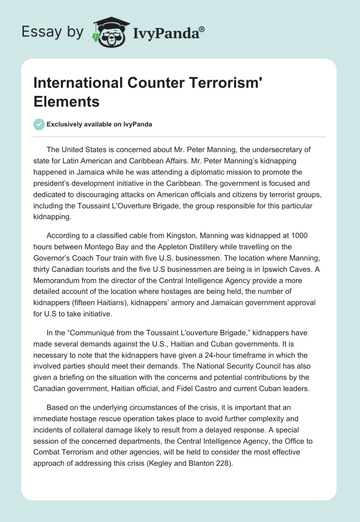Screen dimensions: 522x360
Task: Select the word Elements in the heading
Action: pos(67,102)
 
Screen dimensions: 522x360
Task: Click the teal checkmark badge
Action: pos(39,124)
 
